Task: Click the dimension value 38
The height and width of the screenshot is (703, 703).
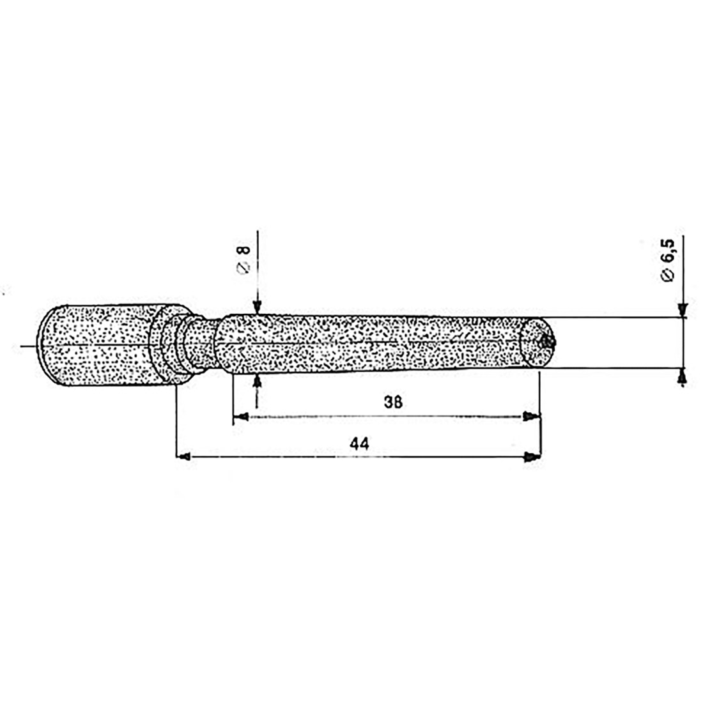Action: [394, 402]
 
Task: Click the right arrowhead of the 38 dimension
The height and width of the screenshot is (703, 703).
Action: [531, 417]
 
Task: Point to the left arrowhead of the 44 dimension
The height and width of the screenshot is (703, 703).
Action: [183, 457]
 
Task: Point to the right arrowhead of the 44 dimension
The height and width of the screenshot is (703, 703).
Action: [532, 457]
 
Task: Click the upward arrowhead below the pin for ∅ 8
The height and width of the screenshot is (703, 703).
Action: [257, 381]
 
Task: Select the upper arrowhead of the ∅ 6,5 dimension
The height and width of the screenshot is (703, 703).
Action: [683, 309]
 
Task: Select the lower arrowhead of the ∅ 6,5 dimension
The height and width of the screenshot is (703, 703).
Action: [683, 378]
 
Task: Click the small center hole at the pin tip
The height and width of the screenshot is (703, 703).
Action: [544, 342]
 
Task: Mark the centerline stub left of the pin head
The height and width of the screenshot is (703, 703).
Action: [28, 346]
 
